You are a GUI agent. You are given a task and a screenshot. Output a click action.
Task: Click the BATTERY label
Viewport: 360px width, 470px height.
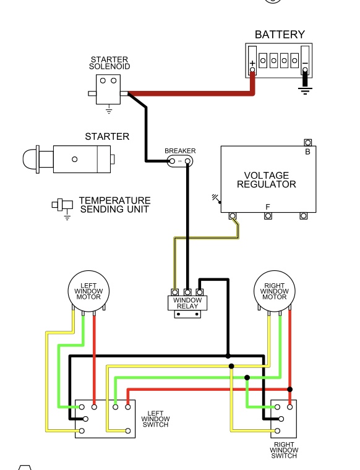[280, 35]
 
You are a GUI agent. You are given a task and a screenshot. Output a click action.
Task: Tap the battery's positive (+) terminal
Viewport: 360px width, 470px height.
[252, 70]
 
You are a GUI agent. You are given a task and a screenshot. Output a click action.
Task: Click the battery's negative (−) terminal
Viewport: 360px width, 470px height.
[305, 70]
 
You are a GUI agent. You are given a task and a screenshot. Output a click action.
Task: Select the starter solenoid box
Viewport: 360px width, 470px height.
[108, 89]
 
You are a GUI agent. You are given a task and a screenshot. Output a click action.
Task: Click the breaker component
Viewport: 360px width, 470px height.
[179, 161]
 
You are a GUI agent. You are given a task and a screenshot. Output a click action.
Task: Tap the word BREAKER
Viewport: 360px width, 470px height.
[180, 151]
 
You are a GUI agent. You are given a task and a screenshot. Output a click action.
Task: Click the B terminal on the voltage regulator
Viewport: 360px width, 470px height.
[308, 142]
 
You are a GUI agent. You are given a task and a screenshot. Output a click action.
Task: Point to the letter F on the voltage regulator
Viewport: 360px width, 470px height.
[268, 207]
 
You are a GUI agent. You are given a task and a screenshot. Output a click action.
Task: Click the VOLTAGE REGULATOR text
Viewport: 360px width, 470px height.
[267, 179]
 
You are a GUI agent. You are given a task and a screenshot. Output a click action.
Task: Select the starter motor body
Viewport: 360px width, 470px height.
[82, 159]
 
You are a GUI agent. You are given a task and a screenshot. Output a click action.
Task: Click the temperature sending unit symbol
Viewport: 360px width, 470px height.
[62, 205]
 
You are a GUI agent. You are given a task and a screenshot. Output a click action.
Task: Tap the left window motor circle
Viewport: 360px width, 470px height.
[88, 291]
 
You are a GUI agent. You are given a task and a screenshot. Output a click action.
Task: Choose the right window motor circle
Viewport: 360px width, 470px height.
[274, 291]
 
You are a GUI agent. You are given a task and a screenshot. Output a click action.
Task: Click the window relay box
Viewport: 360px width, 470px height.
[187, 303]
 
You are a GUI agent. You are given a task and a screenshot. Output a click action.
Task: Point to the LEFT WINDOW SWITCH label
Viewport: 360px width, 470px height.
[155, 419]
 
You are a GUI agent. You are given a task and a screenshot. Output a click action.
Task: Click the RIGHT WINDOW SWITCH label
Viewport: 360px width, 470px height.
[284, 450]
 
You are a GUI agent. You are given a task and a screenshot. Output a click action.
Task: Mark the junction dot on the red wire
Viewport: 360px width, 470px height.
[289, 390]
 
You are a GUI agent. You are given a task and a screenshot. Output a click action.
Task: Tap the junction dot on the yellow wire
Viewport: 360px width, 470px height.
[231, 366]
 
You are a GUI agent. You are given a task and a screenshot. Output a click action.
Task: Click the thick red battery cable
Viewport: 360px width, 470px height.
[192, 93]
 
